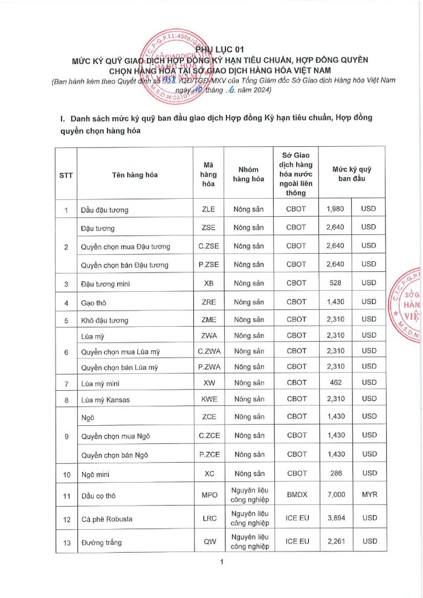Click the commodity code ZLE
[x=208, y=209]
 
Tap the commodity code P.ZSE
[x=208, y=265]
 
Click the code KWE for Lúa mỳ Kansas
[x=208, y=399]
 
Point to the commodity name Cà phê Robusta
[x=107, y=519]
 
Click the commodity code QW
[x=208, y=542]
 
